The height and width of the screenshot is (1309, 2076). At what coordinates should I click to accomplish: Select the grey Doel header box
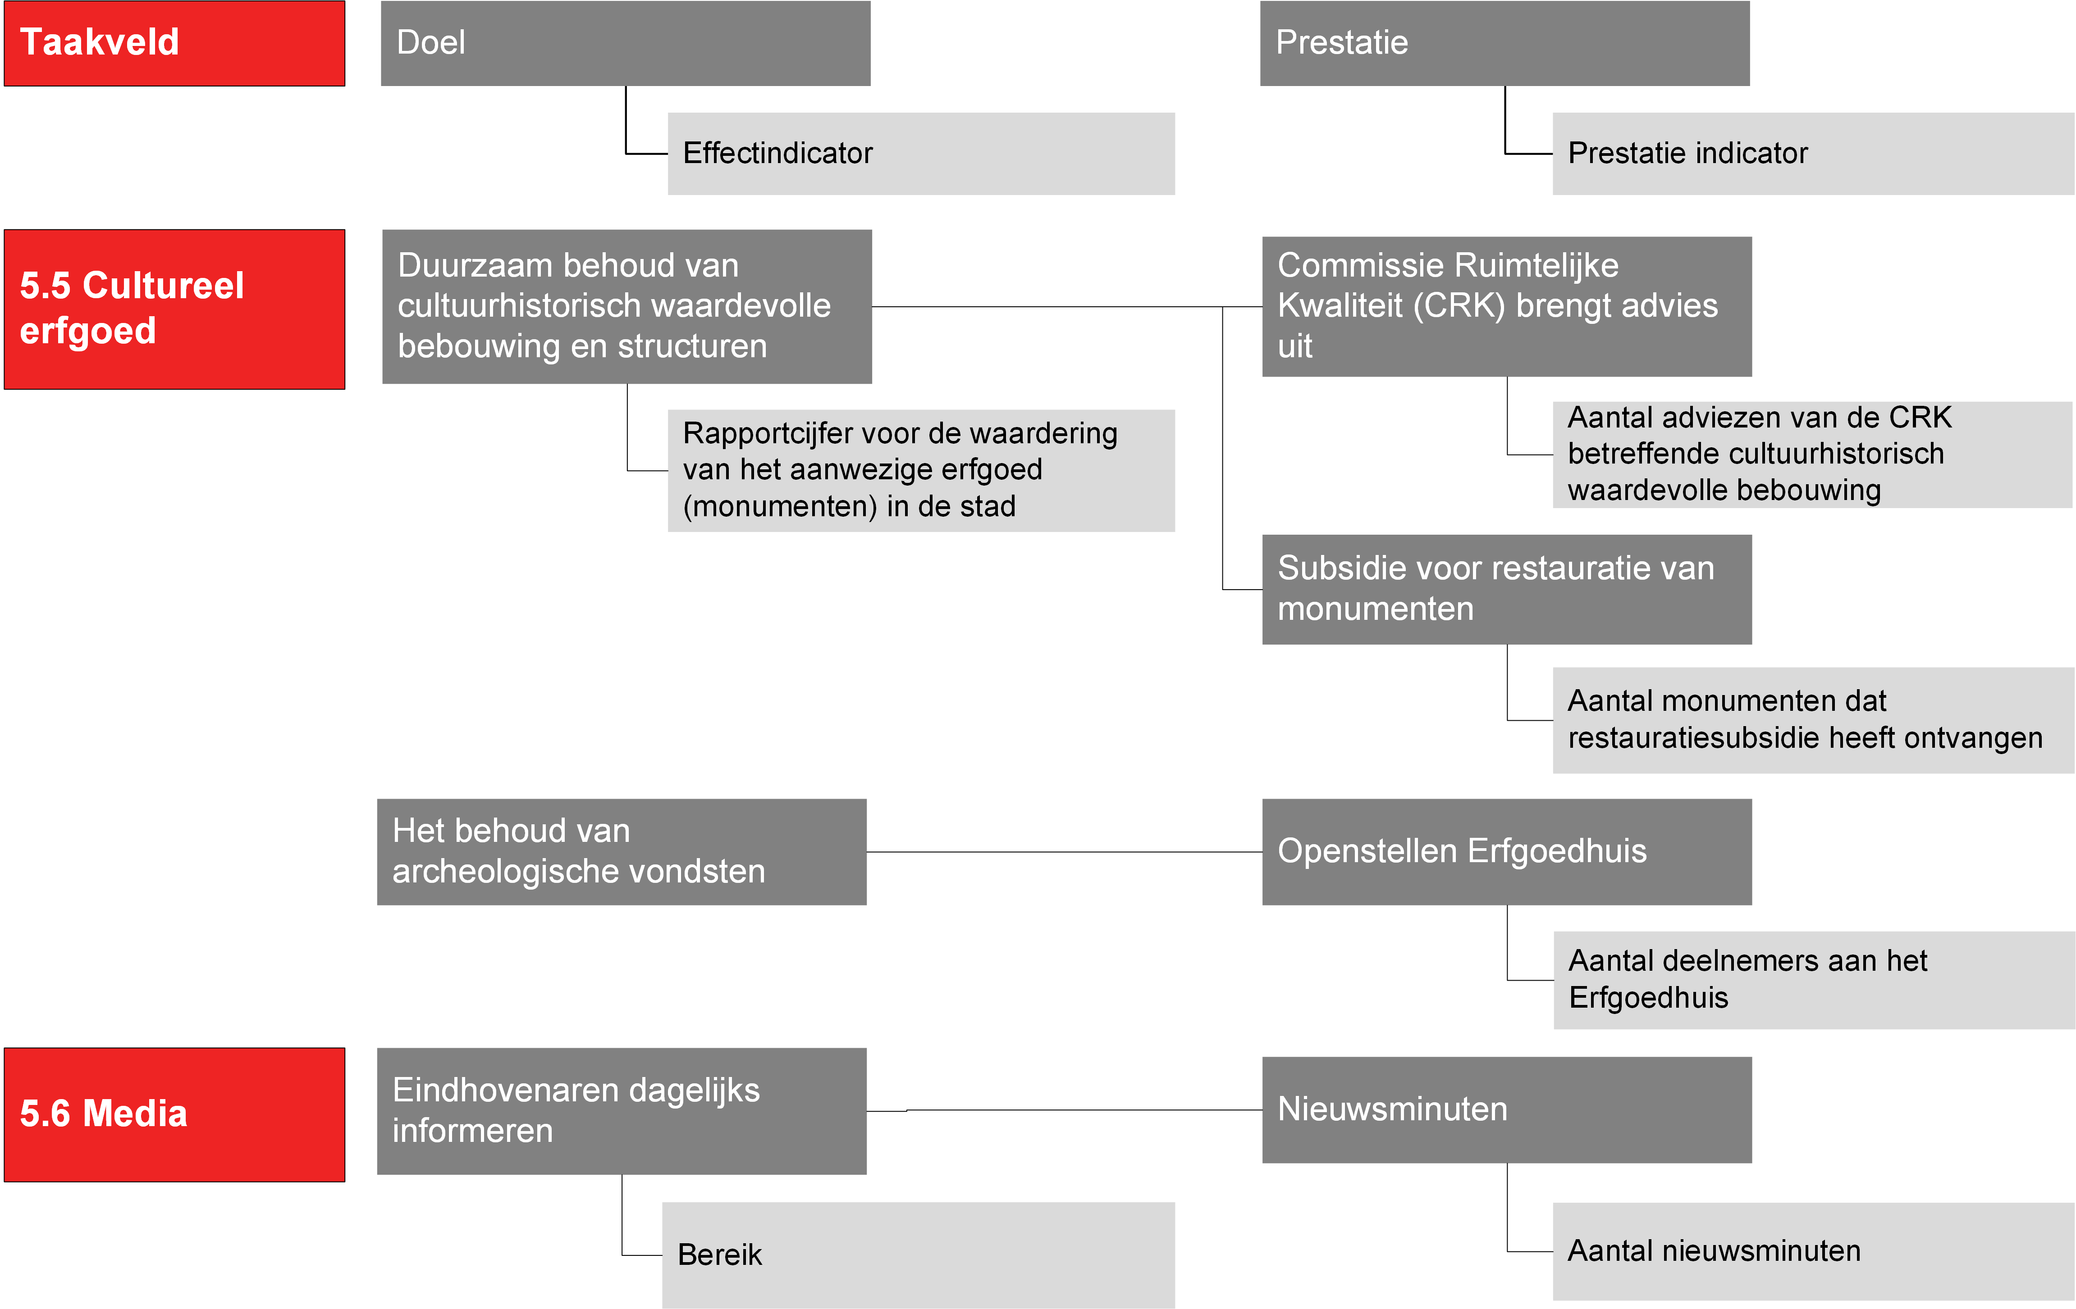coord(626,43)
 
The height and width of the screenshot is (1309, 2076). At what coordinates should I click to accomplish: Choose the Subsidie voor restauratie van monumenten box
coord(1507,590)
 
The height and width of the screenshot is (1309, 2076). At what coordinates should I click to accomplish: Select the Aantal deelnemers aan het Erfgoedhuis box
coord(1814,980)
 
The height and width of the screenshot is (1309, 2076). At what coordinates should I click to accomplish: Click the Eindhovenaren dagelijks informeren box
coord(622,1111)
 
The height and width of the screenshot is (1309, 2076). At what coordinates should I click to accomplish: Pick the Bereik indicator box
coord(918,1254)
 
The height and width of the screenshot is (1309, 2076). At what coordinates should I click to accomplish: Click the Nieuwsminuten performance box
coord(1507,1110)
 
